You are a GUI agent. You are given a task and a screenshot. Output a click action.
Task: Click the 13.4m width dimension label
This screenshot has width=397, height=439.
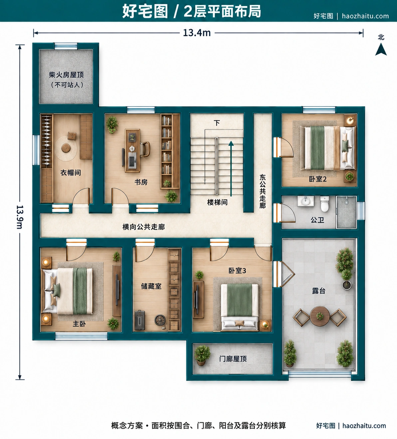[197, 33]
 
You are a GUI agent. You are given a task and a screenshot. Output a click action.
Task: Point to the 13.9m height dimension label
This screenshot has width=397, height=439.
[20, 217]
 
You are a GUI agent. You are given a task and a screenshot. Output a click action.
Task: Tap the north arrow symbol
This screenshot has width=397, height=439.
[381, 49]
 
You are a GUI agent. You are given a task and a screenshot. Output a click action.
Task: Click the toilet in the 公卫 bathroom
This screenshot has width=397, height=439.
[324, 204]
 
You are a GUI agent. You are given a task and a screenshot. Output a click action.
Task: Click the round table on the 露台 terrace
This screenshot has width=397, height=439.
[320, 316]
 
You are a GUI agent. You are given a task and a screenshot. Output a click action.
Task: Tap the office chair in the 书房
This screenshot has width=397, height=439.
[145, 149]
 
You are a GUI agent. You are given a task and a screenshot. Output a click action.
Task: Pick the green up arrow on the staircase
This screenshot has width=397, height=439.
[231, 168]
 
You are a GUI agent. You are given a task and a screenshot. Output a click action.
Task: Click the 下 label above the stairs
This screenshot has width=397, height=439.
[217, 123]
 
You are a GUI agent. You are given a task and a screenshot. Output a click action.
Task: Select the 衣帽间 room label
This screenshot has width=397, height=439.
[71, 173]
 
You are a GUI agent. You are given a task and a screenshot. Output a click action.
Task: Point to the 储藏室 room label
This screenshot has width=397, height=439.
[151, 286]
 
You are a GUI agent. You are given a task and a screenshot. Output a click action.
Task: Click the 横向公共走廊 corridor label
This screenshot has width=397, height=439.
[144, 227]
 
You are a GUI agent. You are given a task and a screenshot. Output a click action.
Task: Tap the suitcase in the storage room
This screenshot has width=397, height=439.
[140, 320]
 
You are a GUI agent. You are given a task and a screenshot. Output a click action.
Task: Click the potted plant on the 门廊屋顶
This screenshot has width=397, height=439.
[202, 355]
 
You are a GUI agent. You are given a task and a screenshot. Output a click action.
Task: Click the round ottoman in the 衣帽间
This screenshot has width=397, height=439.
[66, 148]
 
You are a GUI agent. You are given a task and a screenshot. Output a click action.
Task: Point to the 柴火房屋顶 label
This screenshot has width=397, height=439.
[66, 75]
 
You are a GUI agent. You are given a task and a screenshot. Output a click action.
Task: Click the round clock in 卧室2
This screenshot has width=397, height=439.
[350, 120]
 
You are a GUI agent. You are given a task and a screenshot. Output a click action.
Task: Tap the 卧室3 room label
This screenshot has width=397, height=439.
[237, 271]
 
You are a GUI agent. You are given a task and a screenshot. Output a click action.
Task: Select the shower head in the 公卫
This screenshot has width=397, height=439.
[346, 201]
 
